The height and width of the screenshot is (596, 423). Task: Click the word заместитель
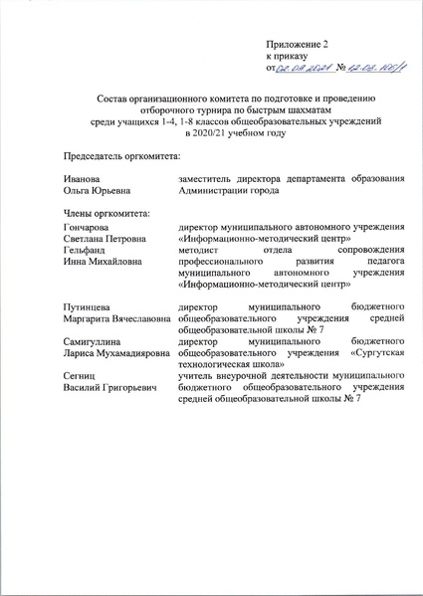click(x=207, y=178)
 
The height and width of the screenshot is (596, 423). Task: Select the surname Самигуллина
click(x=98, y=340)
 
